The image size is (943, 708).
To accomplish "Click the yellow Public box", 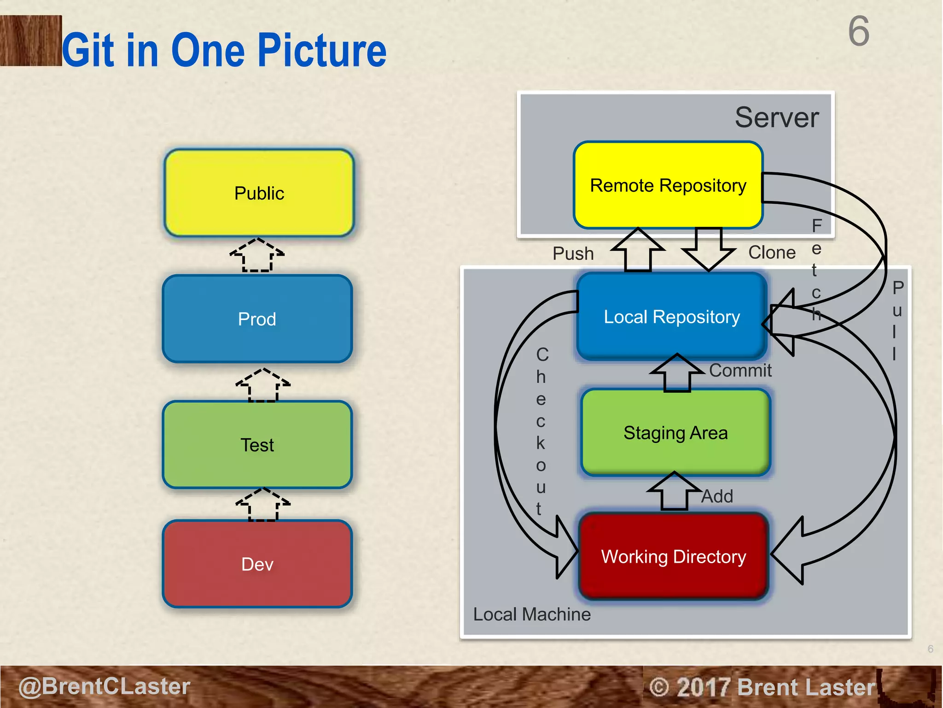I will [x=259, y=193].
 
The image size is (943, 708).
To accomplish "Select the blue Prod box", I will [x=257, y=319].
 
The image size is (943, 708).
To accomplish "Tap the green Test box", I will [x=257, y=445].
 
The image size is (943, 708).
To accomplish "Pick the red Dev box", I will [x=257, y=564].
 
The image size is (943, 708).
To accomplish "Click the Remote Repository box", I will [x=668, y=185].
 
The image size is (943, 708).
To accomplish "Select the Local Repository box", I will [x=671, y=317].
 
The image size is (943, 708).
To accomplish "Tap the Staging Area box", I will [x=675, y=433].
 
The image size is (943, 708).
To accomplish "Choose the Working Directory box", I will [x=673, y=556].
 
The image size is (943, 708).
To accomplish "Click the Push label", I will [x=573, y=254].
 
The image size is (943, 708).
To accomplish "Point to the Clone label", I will [x=772, y=253].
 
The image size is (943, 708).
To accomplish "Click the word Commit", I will [x=740, y=371].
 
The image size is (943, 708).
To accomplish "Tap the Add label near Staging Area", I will [x=717, y=496].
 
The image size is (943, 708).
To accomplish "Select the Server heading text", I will [x=777, y=118].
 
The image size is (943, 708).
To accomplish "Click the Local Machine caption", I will [x=532, y=614].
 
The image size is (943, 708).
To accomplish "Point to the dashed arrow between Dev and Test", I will [x=263, y=505].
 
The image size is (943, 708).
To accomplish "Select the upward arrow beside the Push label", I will [x=638, y=250].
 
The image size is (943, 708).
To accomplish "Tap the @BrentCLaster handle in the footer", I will [x=105, y=686].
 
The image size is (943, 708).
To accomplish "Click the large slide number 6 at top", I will [x=859, y=31].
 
